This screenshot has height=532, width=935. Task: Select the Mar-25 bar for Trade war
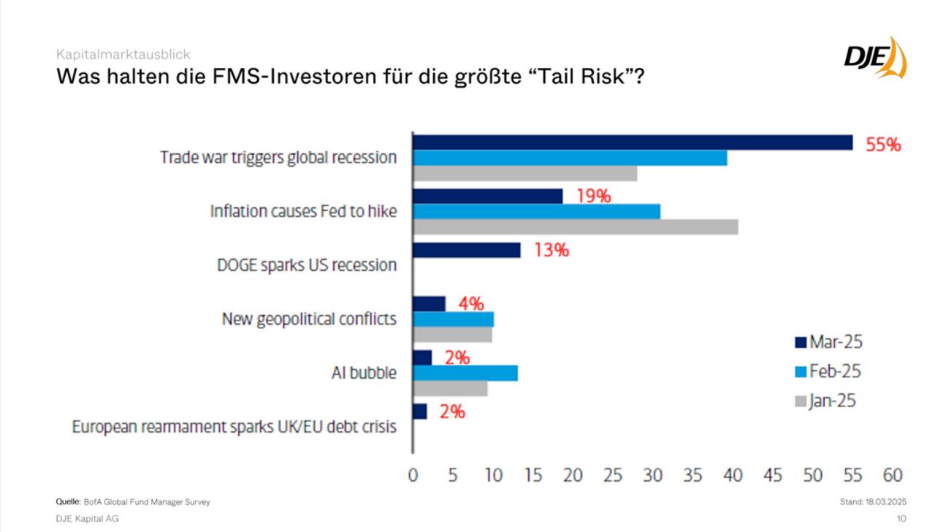tap(633, 142)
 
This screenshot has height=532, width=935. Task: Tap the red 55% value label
tap(883, 144)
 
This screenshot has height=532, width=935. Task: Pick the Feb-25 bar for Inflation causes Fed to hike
tap(537, 212)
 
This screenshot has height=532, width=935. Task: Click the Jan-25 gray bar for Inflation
tap(576, 227)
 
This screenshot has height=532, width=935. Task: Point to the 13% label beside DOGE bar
tap(551, 250)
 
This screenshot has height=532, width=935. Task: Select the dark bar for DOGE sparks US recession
tap(467, 250)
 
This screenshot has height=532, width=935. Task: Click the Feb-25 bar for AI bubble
tap(465, 373)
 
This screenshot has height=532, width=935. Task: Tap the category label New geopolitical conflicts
tap(309, 319)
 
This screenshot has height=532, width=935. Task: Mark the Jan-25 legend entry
tap(825, 401)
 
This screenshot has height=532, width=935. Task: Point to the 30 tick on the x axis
tap(653, 475)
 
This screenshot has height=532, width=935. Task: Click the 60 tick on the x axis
tap(893, 475)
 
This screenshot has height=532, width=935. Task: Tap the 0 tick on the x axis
tap(413, 475)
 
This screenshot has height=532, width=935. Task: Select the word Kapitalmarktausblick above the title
tap(123, 55)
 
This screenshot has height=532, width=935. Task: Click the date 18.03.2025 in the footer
tap(886, 502)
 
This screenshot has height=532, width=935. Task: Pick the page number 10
tap(901, 518)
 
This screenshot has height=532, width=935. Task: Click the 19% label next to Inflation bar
tap(592, 196)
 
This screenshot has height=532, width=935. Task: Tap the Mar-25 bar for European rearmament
tap(420, 412)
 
